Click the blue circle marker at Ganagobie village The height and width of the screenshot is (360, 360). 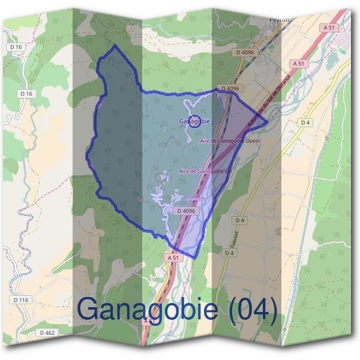[x=194, y=121]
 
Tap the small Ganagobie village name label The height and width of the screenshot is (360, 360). [x=194, y=121]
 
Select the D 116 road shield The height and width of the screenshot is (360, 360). [x=20, y=299]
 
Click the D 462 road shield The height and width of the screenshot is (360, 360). [x=47, y=332]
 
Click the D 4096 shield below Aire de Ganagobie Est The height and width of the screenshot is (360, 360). [x=187, y=211]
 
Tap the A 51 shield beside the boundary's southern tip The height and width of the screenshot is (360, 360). [x=173, y=257]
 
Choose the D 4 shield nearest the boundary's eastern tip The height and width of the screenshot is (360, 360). [x=306, y=122]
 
